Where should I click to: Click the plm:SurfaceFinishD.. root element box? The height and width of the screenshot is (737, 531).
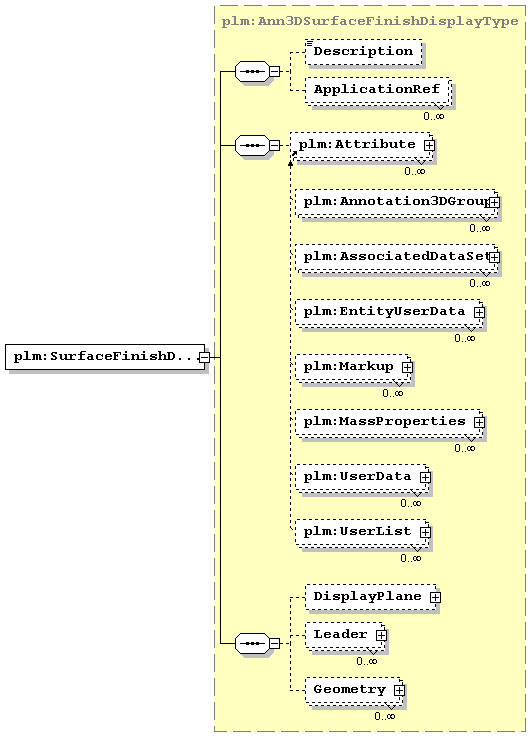pyautogui.click(x=105, y=357)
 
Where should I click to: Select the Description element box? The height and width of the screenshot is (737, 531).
pyautogui.click(x=363, y=52)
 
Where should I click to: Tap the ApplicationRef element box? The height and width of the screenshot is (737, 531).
pyautogui.click(x=378, y=91)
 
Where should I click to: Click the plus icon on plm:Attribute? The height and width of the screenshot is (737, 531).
pyautogui.click(x=429, y=146)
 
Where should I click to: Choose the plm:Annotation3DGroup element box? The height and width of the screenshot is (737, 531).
pyautogui.click(x=396, y=203)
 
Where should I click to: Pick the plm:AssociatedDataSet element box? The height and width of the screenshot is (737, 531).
pyautogui.click(x=396, y=258)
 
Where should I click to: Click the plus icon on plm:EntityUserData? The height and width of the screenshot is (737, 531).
pyautogui.click(x=479, y=312)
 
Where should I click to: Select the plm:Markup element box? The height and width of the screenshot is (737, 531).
pyautogui.click(x=353, y=368)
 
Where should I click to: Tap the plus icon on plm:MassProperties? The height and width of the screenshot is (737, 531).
pyautogui.click(x=479, y=422)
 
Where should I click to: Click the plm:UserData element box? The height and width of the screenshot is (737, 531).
pyautogui.click(x=362, y=478)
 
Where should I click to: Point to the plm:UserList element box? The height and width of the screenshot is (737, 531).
pyautogui.click(x=362, y=533)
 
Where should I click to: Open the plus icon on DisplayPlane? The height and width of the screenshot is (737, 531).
pyautogui.click(x=435, y=597)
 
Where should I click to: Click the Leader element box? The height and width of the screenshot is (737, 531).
pyautogui.click(x=345, y=636)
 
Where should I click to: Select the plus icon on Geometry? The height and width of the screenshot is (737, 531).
pyautogui.click(x=399, y=690)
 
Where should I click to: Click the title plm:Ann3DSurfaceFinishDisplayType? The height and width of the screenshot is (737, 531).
pyautogui.click(x=370, y=21)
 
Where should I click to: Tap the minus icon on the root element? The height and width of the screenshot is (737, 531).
pyautogui.click(x=204, y=357)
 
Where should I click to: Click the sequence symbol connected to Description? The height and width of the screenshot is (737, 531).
pyautogui.click(x=252, y=71)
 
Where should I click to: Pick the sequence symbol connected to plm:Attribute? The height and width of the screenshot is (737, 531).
pyautogui.click(x=252, y=146)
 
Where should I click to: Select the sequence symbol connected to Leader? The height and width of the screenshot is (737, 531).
pyautogui.click(x=252, y=643)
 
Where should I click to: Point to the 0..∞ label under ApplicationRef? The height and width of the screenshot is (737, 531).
pyautogui.click(x=433, y=116)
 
